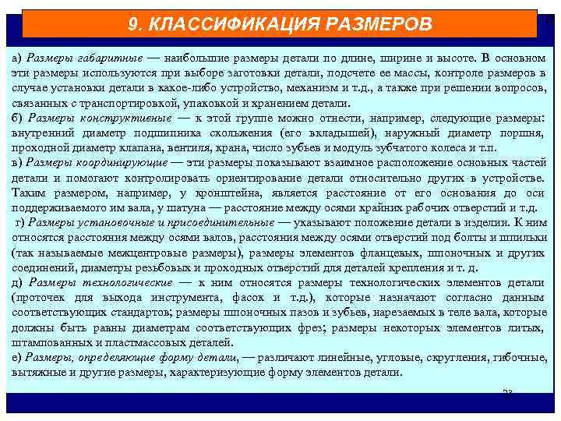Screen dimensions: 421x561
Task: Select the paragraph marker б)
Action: pos(17,119)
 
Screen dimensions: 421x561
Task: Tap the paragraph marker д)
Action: pos(17,283)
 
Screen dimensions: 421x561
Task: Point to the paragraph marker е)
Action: pos(17,357)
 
